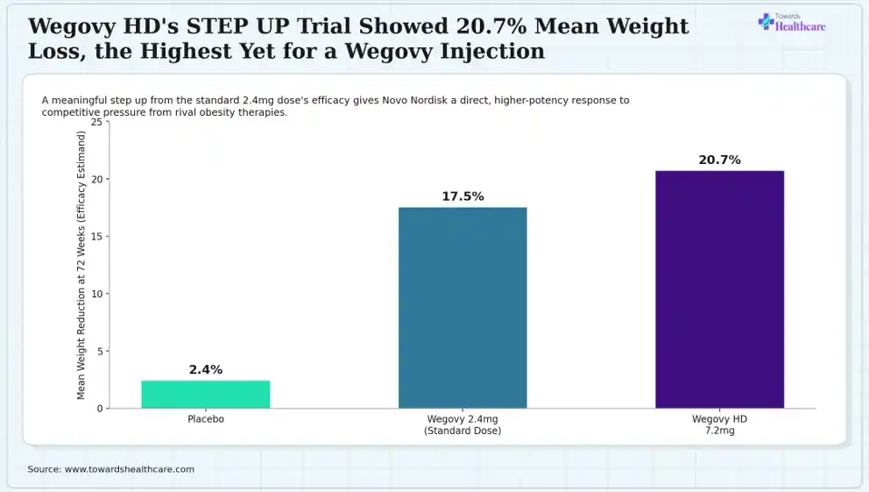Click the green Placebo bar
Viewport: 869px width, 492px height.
click(206, 395)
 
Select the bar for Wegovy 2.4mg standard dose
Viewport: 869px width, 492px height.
click(463, 308)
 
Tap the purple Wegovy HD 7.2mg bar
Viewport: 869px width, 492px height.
click(720, 289)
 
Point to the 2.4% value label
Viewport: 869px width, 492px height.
click(206, 369)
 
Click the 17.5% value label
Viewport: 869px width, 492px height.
click(463, 196)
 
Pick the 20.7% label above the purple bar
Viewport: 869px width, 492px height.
click(719, 160)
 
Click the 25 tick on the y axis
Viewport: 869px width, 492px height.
click(97, 122)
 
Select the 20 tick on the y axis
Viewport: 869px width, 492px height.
click(97, 179)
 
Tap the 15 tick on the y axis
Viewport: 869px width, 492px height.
click(97, 236)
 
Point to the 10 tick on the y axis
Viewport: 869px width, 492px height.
click(97, 294)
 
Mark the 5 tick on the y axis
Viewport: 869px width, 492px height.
click(100, 351)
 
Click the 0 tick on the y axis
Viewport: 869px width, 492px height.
click(100, 409)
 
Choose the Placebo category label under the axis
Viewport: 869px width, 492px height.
click(206, 419)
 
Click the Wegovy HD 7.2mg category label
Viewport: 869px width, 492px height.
click(719, 424)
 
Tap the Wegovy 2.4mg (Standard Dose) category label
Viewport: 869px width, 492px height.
click(463, 424)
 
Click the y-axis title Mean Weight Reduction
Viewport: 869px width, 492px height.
click(81, 265)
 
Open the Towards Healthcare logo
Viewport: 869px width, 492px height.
click(791, 23)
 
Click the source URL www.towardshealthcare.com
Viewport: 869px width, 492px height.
click(130, 469)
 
